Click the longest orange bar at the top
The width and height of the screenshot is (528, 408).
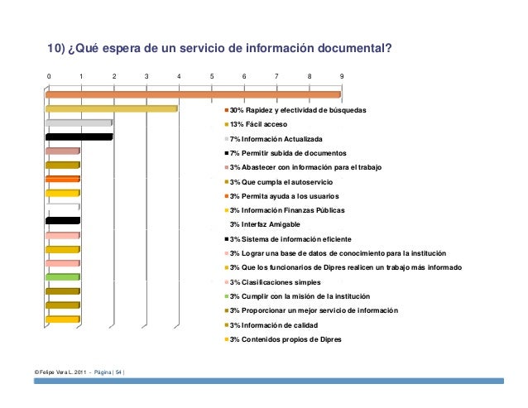(x=192, y=94)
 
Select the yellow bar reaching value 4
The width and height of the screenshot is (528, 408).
(x=112, y=108)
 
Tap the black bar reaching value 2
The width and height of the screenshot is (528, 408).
(x=79, y=137)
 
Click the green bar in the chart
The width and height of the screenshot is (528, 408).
(x=62, y=276)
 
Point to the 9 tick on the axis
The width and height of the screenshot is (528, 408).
(x=342, y=76)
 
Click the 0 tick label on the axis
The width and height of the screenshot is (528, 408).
(x=48, y=76)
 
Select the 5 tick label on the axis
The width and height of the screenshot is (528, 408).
(x=211, y=76)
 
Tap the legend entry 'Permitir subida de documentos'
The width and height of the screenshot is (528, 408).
(x=286, y=154)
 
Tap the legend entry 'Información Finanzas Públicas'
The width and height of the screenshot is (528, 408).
(x=285, y=210)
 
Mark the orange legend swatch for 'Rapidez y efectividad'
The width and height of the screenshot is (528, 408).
(x=227, y=110)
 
